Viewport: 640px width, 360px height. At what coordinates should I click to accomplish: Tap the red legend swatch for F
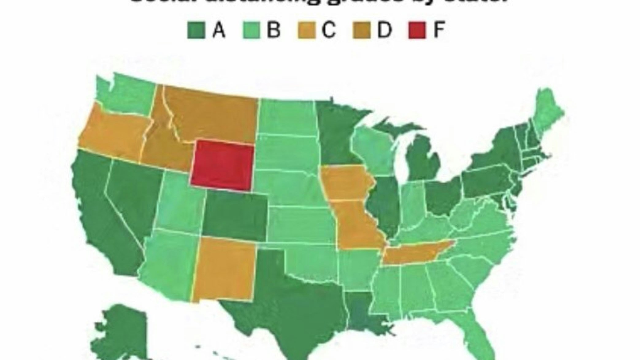tap(417, 30)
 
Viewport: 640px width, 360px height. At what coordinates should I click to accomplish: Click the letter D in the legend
tap(384, 30)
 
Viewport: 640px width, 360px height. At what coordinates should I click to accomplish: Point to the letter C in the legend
tap(329, 30)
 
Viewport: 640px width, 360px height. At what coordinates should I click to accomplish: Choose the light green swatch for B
tap(251, 30)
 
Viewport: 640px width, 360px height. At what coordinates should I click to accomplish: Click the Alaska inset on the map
tap(123, 331)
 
